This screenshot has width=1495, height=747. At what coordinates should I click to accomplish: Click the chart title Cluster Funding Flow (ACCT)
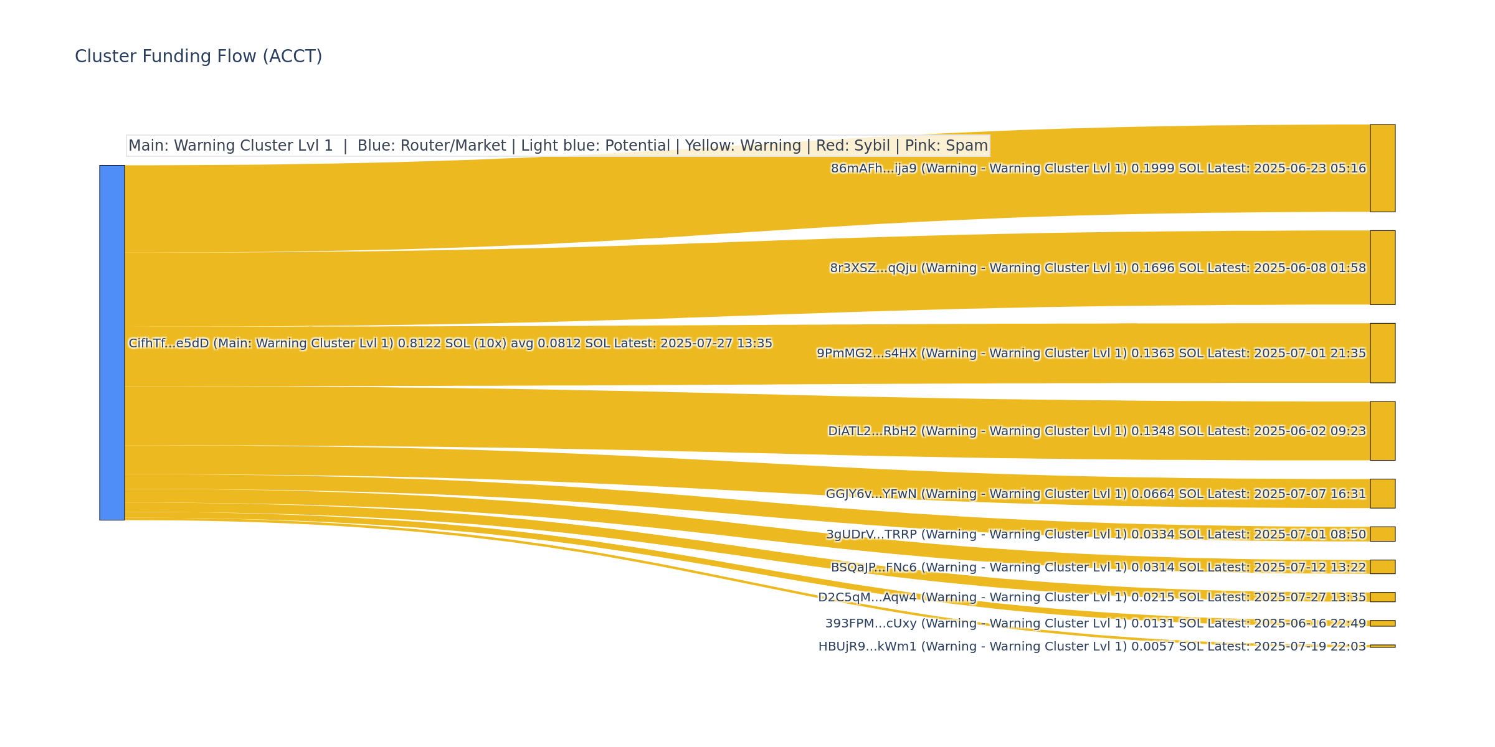pos(198,57)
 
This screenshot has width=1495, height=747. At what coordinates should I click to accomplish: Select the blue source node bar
pos(112,342)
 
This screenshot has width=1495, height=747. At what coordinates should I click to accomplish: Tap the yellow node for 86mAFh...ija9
pos(1382,168)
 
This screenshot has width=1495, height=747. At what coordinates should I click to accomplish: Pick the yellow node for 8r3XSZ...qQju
pos(1382,268)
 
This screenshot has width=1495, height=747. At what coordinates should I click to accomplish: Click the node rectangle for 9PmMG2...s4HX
pos(1382,353)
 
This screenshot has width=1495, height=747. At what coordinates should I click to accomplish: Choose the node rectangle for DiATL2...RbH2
pos(1382,431)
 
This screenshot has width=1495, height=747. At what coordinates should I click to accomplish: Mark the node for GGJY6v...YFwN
pos(1382,494)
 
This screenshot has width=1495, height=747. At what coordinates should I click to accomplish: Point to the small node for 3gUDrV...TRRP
pos(1382,534)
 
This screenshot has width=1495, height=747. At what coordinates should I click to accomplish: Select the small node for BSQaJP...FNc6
pos(1382,566)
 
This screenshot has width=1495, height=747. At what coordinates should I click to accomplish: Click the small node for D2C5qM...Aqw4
pos(1382,597)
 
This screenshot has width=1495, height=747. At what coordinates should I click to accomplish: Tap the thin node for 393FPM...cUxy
pos(1382,623)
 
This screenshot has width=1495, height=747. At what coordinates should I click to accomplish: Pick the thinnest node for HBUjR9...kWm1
pos(1382,646)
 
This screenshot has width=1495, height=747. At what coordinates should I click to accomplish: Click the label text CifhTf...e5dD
pos(168,344)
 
